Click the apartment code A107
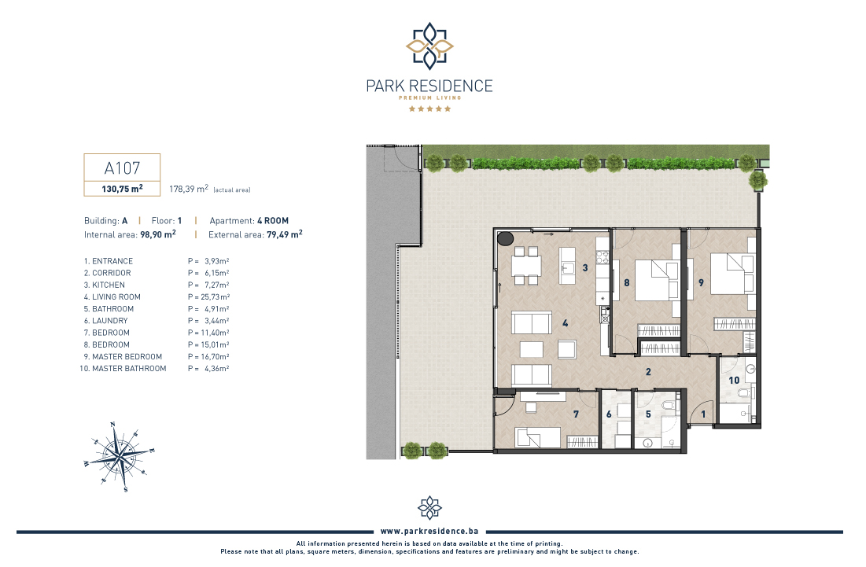[122, 168]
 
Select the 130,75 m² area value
[122, 188]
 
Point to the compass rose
[120, 457]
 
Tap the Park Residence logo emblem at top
[429, 46]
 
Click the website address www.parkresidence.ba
[429, 531]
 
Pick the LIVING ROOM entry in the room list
[112, 297]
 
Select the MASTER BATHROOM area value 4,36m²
[216, 368]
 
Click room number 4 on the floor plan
[565, 323]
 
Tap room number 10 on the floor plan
[734, 381]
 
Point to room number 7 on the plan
[576, 414]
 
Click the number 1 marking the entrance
[703, 414]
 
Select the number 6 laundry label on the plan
[609, 414]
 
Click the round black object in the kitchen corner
[505, 238]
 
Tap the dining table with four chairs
[526, 266]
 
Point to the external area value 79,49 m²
[285, 234]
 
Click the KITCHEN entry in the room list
[105, 285]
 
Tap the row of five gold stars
[429, 109]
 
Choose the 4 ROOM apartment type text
[273, 220]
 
